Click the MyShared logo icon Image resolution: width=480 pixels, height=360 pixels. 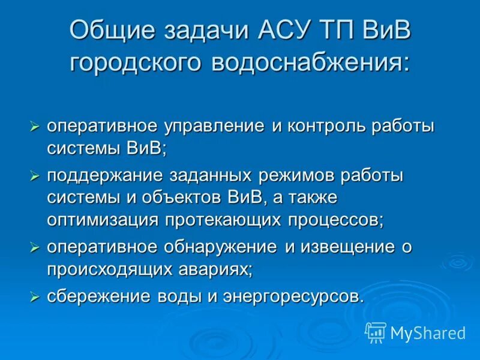click(x=376, y=332)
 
